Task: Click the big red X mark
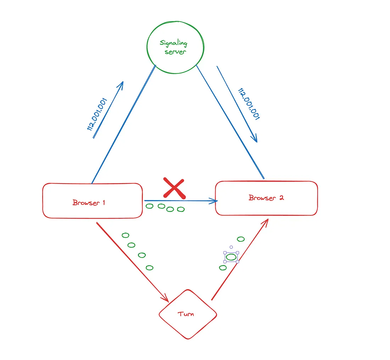tap(174, 188)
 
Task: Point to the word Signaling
tap(173, 44)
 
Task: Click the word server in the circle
tap(175, 52)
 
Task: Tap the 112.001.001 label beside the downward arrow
tap(249, 104)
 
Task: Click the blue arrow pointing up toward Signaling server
tap(108, 109)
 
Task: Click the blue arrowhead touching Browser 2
tap(213, 201)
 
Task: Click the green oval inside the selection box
tap(231, 257)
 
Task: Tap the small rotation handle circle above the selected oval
tap(231, 247)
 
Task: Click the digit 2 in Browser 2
tap(282, 198)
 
